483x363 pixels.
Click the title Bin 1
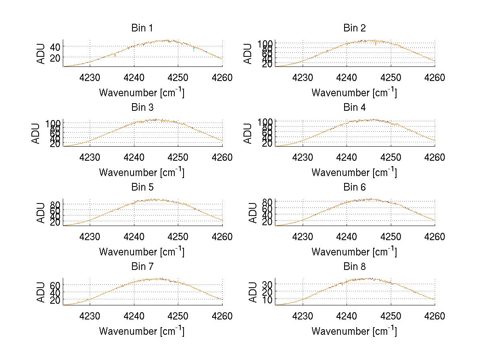[142, 28]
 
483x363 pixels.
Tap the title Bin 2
[355, 28]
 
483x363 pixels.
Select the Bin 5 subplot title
[142, 187]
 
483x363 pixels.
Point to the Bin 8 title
[355, 267]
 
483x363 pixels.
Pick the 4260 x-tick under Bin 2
[434, 77]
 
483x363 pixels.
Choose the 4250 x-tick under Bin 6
[390, 236]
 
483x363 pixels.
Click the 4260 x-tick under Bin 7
[222, 316]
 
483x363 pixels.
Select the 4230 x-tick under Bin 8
[302, 316]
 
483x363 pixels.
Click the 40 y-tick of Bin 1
[55, 46]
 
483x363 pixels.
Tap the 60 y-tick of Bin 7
[55, 285]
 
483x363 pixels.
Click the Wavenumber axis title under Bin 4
[354, 172]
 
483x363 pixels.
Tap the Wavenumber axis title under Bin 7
[142, 331]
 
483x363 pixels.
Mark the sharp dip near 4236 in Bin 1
[115, 55]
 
